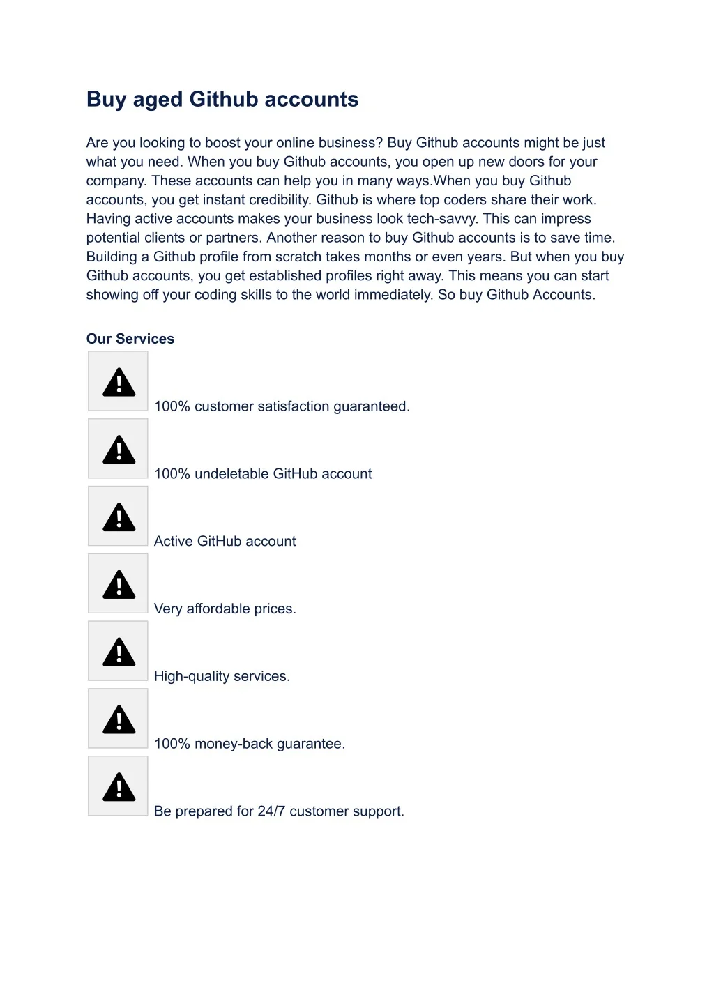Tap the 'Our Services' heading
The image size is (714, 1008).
tap(130, 339)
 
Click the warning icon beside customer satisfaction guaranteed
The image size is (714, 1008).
tap(119, 382)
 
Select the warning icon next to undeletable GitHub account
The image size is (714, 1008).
tap(119, 450)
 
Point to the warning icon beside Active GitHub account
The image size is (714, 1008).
tap(119, 517)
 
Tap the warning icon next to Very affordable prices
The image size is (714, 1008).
tap(119, 584)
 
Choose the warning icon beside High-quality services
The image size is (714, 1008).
tap(119, 652)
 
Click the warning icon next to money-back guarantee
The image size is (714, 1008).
tap(119, 719)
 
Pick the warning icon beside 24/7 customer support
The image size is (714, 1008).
tap(119, 787)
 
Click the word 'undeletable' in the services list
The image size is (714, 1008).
tap(231, 474)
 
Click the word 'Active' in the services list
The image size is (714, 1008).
tap(174, 542)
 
